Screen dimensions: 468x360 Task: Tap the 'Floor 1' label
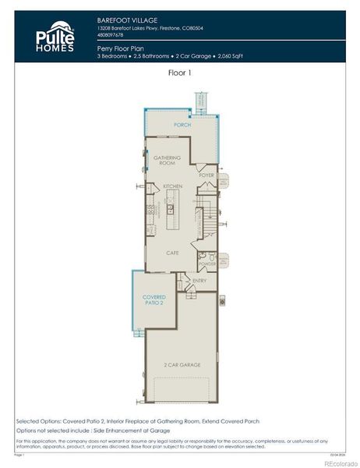[179, 73]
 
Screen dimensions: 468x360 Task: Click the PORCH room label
[182, 125]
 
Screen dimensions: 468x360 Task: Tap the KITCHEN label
[172, 186]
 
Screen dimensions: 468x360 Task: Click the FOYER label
[206, 175]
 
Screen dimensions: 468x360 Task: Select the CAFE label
[173, 253]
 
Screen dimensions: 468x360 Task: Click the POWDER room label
[207, 264]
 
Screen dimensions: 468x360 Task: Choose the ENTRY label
[199, 281]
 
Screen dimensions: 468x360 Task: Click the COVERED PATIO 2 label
[154, 300]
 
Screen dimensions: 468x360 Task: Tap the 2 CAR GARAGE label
[181, 364]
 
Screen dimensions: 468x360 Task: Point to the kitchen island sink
[170, 209]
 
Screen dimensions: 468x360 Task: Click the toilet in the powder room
[201, 256]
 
